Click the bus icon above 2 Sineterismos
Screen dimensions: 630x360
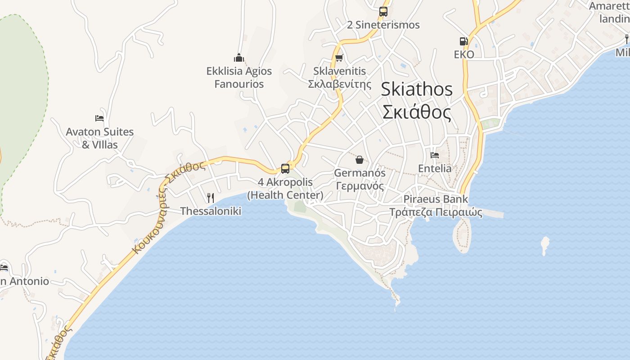pos(383,12)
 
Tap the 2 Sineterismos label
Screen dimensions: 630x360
pos(383,25)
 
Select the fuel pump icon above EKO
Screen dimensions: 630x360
pos(463,41)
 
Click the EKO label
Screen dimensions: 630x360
pos(464,54)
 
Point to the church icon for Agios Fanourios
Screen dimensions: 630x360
pos(239,58)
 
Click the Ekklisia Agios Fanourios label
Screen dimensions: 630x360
pos(239,77)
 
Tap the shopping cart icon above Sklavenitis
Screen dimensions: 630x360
pos(339,58)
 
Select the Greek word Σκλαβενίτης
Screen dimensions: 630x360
pos(340,84)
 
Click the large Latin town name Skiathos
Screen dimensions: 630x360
pos(417,89)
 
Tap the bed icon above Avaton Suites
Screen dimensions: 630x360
pos(99,118)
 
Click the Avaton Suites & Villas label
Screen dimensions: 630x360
pos(99,138)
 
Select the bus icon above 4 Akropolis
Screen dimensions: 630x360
pos(285,169)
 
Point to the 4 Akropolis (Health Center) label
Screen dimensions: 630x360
pos(285,189)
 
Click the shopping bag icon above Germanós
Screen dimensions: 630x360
pos(360,160)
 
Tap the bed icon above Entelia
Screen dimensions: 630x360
pos(435,155)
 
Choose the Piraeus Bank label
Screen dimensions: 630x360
pos(436,199)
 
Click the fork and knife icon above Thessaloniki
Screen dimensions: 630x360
pos(210,198)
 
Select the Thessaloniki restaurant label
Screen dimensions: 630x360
pos(211,211)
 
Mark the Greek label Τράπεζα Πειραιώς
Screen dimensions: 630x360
pos(436,212)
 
